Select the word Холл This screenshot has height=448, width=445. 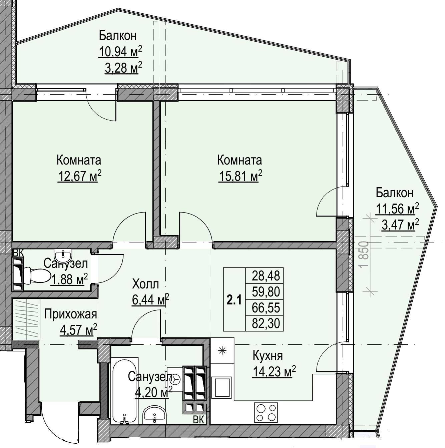click(145, 284)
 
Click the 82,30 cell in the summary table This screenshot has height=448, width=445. click(266, 323)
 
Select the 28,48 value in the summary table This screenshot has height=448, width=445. click(266, 276)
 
